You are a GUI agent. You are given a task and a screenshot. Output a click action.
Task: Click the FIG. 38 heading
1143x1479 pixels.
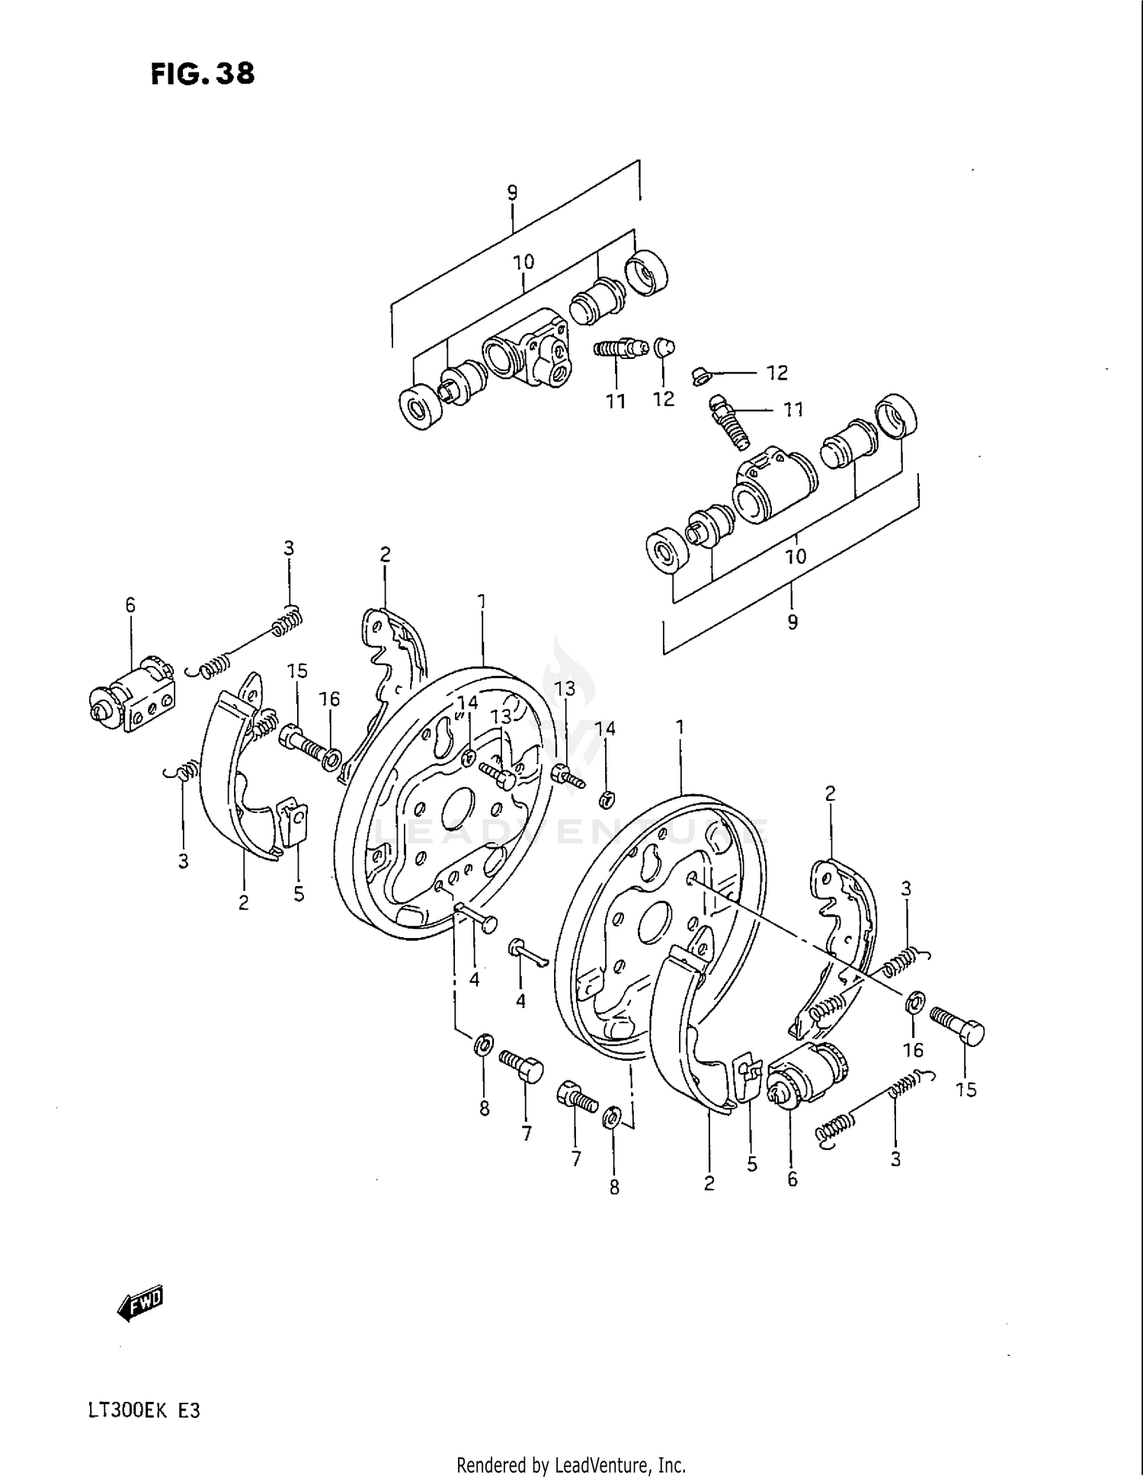[203, 74]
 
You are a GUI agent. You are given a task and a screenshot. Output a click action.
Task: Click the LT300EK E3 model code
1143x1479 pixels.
[144, 1410]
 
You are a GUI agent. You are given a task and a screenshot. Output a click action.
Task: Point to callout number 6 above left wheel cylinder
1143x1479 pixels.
[130, 605]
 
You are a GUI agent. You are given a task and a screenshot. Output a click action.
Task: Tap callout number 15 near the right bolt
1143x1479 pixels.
[965, 1090]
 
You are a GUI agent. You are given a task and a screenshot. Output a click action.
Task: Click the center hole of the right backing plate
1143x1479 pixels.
[654, 920]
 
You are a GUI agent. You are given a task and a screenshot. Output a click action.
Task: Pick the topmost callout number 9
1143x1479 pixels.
[513, 193]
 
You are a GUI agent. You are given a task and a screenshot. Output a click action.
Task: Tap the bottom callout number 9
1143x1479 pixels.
[792, 622]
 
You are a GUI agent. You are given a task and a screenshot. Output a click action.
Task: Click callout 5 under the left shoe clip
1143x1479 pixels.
[299, 893]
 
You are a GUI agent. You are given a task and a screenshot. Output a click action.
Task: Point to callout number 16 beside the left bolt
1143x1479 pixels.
[329, 699]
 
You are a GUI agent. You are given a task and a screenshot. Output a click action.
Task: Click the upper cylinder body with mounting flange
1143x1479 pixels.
[528, 349]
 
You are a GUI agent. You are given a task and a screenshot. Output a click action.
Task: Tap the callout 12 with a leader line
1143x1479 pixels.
[776, 373]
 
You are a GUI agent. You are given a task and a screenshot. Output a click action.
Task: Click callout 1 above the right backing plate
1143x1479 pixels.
[680, 727]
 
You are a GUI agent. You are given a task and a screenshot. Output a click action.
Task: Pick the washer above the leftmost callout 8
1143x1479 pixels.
[483, 1045]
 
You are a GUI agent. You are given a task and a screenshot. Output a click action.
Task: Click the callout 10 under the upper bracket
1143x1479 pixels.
[523, 262]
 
